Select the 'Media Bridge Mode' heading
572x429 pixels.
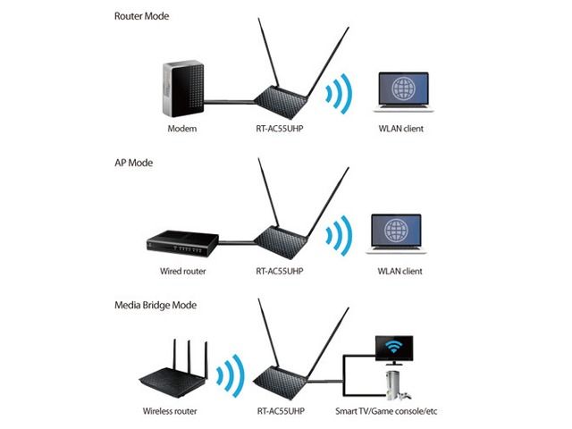tap(157, 305)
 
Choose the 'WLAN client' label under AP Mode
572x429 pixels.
tap(400, 271)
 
